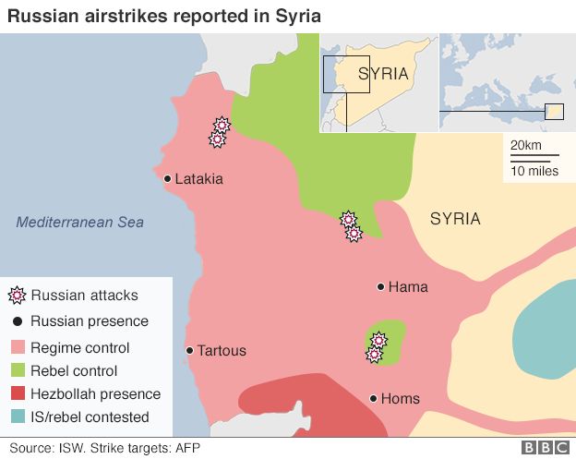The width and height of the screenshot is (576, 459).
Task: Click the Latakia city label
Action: [x=198, y=179]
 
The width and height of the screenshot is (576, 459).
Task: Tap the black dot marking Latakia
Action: [x=167, y=179]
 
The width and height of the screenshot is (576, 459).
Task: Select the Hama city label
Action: [x=408, y=287]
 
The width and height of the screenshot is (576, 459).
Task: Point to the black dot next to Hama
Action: [x=380, y=287]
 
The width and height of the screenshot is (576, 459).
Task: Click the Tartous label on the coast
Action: [x=222, y=351]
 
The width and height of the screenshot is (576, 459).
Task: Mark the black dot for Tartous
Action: [x=189, y=351]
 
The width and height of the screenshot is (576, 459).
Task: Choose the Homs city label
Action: [x=401, y=399]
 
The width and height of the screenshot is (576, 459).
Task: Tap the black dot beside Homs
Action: [x=373, y=399]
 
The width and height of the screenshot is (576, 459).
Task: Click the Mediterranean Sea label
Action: [x=80, y=223]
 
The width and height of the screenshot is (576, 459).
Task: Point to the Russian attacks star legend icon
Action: [x=16, y=296]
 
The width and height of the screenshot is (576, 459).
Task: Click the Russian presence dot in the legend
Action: [x=16, y=322]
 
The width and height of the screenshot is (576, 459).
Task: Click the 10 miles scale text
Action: [x=534, y=171]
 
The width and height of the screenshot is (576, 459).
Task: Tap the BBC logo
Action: [x=545, y=448]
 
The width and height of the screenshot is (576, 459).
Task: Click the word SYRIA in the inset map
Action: [x=383, y=74]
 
